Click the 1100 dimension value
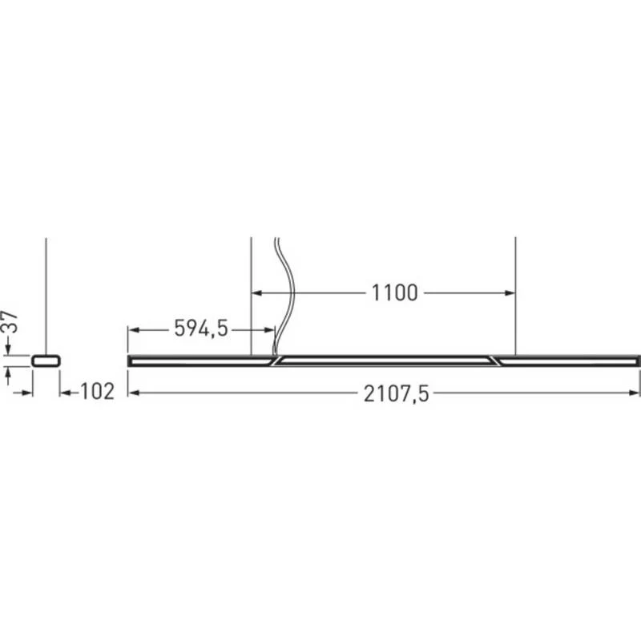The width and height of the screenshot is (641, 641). tap(394, 293)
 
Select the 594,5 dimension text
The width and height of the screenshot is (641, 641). tap(201, 329)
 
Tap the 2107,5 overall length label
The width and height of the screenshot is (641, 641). tap(396, 394)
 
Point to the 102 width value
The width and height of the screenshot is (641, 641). tap(97, 392)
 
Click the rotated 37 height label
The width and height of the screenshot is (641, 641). tap(10, 322)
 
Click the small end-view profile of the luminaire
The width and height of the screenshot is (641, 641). tap(46, 361)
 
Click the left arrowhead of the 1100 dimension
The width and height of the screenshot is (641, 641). tap(256, 293)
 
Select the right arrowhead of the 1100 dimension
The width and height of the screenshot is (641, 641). tap(510, 293)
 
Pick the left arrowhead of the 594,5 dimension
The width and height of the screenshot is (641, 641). tap(134, 330)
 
